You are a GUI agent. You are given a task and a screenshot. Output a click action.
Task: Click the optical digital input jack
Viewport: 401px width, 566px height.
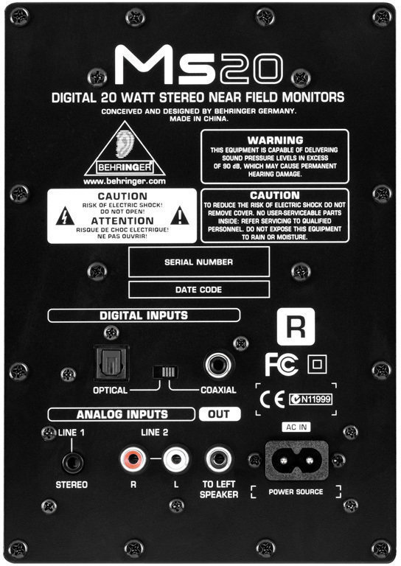pyautogui.click(x=111, y=363)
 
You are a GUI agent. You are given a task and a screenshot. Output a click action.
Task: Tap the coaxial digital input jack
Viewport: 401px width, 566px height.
pyautogui.click(x=218, y=365)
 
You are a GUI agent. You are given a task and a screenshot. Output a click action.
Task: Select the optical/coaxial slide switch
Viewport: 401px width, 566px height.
pyautogui.click(x=165, y=371)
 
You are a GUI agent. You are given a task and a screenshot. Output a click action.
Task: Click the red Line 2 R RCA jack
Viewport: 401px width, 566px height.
pyautogui.click(x=133, y=459)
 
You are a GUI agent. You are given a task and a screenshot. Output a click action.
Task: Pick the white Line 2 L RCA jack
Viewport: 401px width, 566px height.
pyautogui.click(x=176, y=459)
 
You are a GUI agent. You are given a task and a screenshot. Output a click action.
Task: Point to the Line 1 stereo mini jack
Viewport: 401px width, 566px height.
pyautogui.click(x=72, y=462)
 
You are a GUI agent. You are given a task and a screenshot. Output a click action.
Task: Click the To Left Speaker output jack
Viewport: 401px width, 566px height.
pyautogui.click(x=219, y=459)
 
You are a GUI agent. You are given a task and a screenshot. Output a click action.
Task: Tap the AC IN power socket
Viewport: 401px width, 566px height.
pyautogui.click(x=296, y=461)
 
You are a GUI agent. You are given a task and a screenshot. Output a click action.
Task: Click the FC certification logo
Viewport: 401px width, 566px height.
pyautogui.click(x=282, y=364)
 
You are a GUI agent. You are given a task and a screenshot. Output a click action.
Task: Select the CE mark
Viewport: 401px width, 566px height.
pyautogui.click(x=272, y=399)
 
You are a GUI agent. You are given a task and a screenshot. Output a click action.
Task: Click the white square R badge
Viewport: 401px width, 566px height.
pyautogui.click(x=296, y=326)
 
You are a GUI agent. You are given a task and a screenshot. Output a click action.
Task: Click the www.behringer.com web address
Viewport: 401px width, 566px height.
pyautogui.click(x=125, y=181)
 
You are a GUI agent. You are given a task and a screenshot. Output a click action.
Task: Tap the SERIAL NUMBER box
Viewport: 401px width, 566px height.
pyautogui.click(x=199, y=262)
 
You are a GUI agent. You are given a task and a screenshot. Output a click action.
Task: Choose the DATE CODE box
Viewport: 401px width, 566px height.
pyautogui.click(x=199, y=290)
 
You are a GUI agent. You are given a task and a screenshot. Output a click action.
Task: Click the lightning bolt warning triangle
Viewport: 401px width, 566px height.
pyautogui.click(x=66, y=216)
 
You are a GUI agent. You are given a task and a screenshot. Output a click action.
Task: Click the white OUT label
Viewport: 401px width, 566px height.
pyautogui.click(x=220, y=414)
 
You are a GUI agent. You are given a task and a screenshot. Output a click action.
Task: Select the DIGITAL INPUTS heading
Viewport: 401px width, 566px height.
pyautogui.click(x=144, y=315)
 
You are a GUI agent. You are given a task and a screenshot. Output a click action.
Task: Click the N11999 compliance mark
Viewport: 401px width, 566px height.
pyautogui.click(x=311, y=399)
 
